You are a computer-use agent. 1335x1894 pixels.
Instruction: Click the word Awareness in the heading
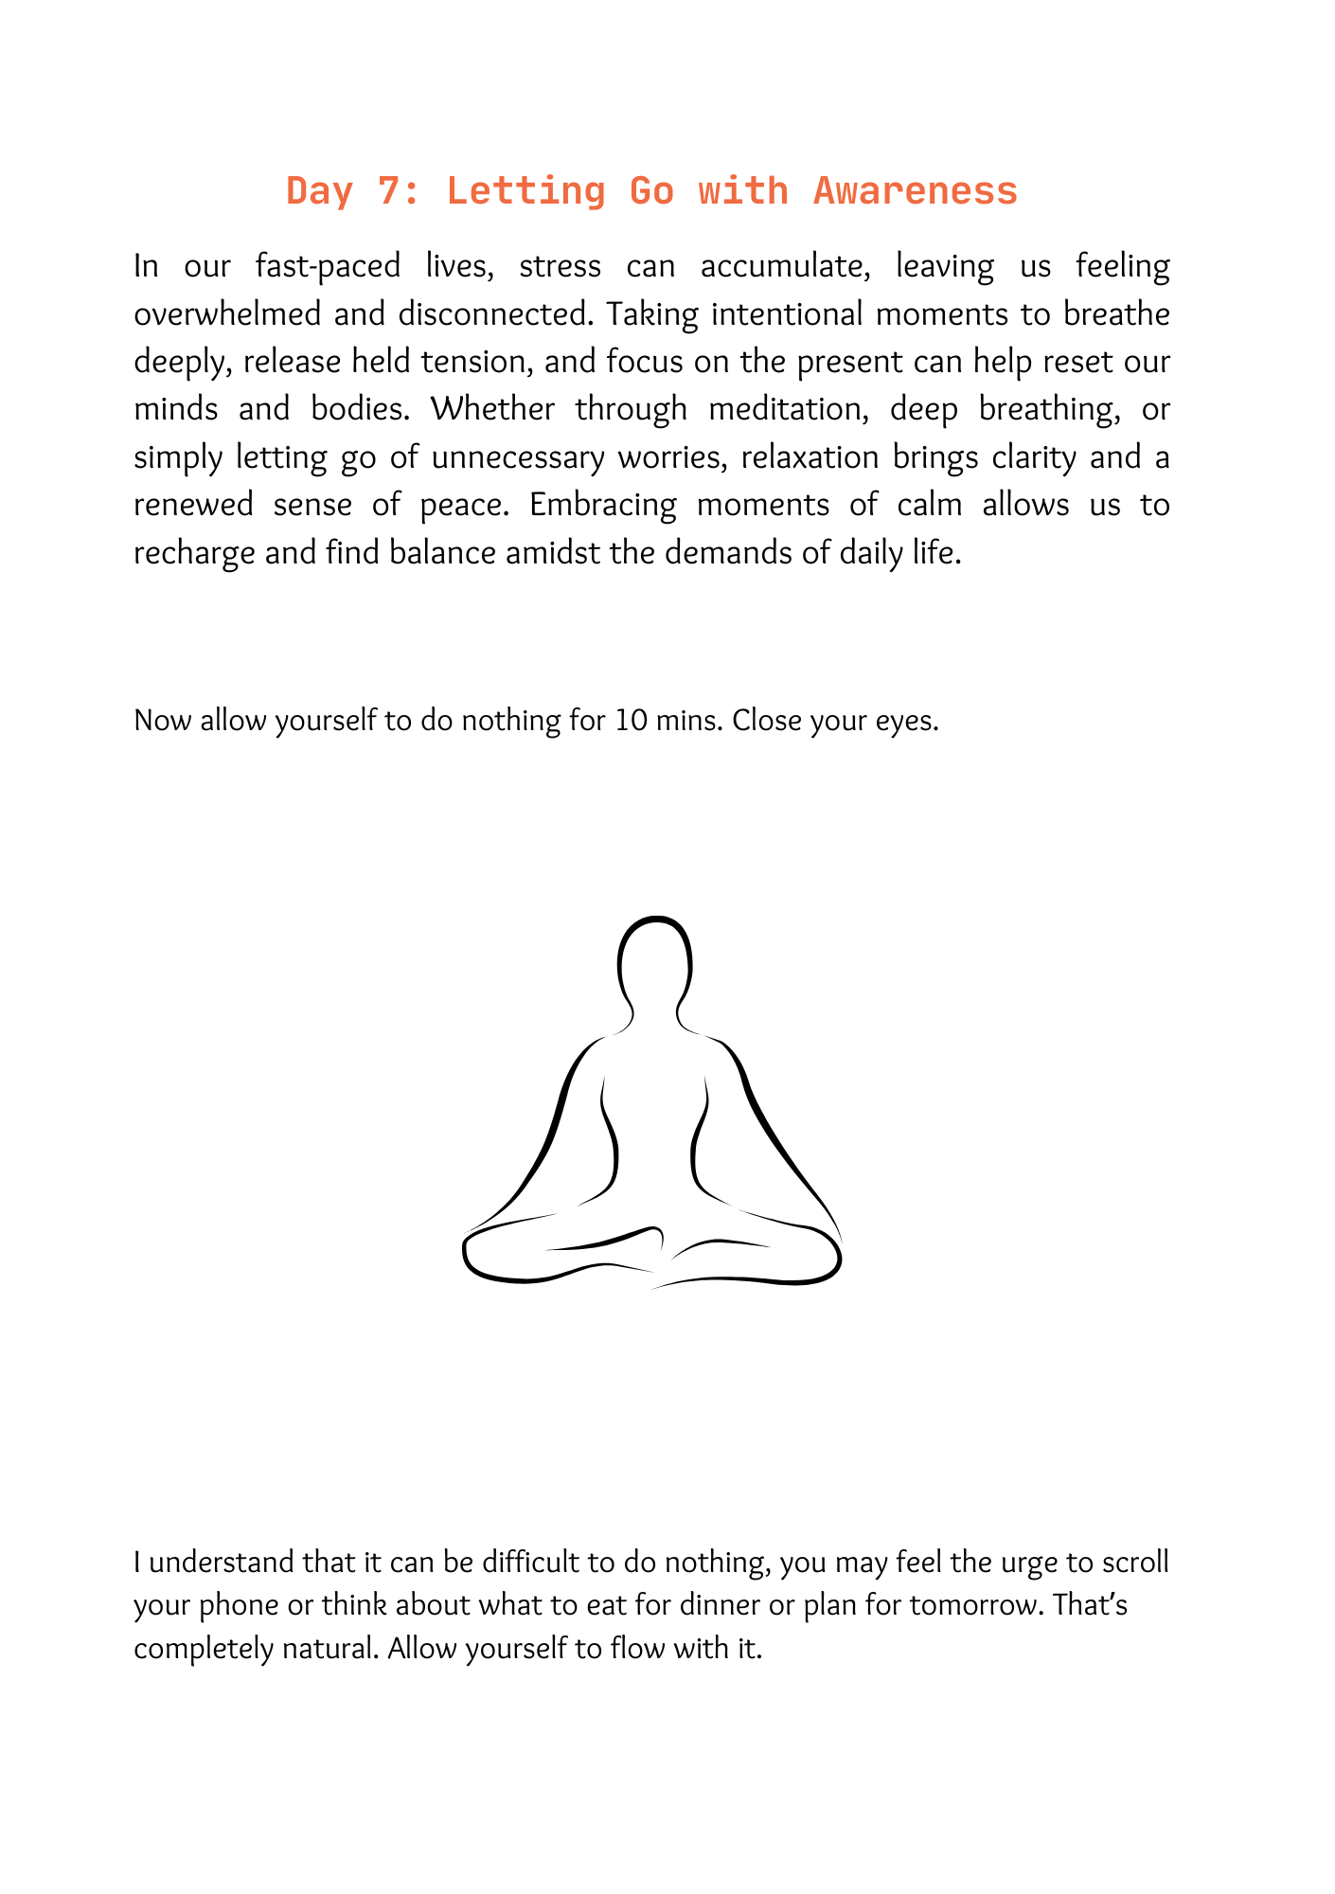[915, 191]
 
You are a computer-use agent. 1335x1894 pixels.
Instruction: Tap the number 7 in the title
[388, 191]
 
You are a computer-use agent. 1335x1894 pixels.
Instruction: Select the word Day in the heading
[320, 191]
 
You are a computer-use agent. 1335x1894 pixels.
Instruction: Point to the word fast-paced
[328, 266]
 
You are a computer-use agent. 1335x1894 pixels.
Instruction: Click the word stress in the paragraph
[560, 266]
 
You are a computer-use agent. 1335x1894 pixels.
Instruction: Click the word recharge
[194, 553]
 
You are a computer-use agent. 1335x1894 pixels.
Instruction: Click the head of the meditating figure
[654, 961]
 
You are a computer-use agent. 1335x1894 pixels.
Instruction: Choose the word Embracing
[602, 505]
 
